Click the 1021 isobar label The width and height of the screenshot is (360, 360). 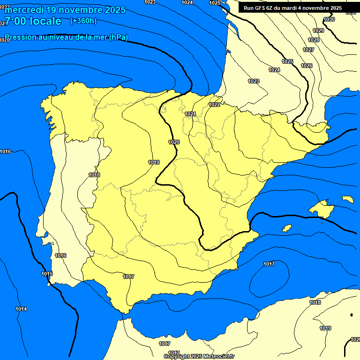(x=190, y=114)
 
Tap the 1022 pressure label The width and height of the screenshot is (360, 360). (x=215, y=105)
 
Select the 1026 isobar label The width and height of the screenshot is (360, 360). (x=307, y=66)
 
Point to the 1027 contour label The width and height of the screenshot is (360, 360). (x=308, y=50)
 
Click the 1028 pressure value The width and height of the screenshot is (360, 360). (x=314, y=40)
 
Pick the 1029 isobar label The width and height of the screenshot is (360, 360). (x=318, y=30)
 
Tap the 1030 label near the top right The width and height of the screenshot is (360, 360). (x=330, y=20)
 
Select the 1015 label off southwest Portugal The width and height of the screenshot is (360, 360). (x=47, y=274)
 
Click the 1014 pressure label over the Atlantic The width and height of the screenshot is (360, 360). (x=21, y=309)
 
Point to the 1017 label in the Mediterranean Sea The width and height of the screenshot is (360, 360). (x=269, y=264)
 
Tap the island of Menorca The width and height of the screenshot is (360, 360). (x=348, y=199)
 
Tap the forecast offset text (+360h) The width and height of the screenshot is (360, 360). (x=83, y=21)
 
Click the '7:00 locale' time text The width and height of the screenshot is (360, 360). (x=33, y=21)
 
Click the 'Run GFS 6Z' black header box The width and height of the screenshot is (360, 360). (x=292, y=8)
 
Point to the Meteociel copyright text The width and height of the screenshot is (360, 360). (x=199, y=357)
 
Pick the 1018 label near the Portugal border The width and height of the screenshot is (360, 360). (x=94, y=175)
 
